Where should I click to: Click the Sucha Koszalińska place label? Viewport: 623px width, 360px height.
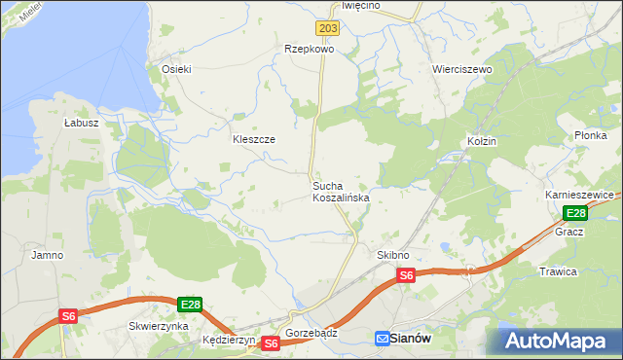coord(340,191)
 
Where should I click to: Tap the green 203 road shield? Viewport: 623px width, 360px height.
coord(328,29)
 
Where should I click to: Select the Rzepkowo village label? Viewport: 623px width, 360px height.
coord(309,48)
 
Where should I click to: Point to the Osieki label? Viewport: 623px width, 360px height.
coord(176,69)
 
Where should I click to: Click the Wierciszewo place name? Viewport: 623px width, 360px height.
coord(462,70)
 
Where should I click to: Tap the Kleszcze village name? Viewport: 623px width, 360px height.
coord(253,139)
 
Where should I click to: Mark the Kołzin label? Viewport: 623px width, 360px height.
coord(481,141)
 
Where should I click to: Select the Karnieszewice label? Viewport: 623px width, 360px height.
coord(579,195)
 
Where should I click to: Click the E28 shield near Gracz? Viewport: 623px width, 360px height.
coord(575,214)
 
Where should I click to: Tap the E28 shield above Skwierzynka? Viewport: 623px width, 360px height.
coord(190,305)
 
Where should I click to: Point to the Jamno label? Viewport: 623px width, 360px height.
coord(47,255)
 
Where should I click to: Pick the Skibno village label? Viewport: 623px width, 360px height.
coord(392,255)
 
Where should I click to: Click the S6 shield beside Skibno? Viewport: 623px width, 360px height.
coord(406,276)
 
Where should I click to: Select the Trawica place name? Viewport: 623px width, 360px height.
coord(558,271)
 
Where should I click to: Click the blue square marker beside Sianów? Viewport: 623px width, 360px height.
coord(383,338)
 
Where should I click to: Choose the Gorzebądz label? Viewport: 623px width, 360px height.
coord(311,332)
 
